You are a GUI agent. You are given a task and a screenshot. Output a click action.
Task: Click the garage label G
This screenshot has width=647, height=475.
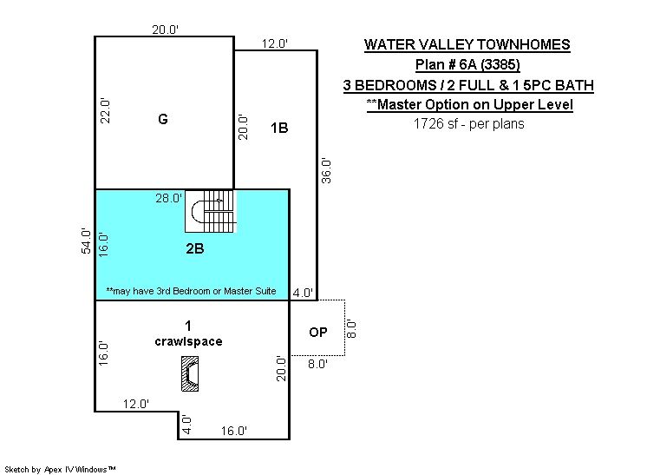[x=163, y=119]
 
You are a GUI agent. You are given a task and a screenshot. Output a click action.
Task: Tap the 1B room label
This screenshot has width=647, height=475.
[x=279, y=128]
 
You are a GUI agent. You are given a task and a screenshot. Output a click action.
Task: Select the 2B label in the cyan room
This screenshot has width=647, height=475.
[x=195, y=248]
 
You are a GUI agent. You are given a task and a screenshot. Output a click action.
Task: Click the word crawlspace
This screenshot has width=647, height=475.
[x=188, y=341]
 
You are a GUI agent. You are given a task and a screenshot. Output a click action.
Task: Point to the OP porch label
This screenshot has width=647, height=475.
[x=317, y=332]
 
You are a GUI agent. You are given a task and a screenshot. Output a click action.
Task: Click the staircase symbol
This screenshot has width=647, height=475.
[x=209, y=211]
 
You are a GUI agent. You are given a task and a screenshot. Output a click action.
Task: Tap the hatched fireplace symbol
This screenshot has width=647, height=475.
[x=190, y=373]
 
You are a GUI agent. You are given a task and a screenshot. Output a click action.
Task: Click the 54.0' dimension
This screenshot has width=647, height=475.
[x=86, y=241]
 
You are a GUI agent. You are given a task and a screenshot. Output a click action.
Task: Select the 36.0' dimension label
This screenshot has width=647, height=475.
[x=326, y=170]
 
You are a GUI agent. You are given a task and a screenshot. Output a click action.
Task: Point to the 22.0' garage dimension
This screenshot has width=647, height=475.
[x=105, y=110]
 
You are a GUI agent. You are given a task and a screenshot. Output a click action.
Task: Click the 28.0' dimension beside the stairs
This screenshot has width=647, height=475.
[x=169, y=198]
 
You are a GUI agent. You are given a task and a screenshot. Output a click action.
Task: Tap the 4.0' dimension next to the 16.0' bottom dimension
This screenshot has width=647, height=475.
[x=186, y=425]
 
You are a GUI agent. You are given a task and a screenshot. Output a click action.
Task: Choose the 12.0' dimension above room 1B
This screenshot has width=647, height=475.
[x=275, y=43]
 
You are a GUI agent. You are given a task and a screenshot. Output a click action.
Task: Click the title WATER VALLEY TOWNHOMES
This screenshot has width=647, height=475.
[x=467, y=44]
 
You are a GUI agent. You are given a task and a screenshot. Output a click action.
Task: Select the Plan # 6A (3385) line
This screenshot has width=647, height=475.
[x=467, y=64]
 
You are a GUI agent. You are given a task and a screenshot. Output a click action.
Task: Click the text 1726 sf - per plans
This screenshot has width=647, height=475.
[x=468, y=123]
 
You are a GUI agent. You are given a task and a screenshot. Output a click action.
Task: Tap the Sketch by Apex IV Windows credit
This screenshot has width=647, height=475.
[x=60, y=469]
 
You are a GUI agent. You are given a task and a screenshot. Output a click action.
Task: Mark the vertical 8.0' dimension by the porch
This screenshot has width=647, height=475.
[x=351, y=328]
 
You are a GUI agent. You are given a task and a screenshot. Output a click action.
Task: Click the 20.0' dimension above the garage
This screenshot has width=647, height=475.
[x=165, y=30]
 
